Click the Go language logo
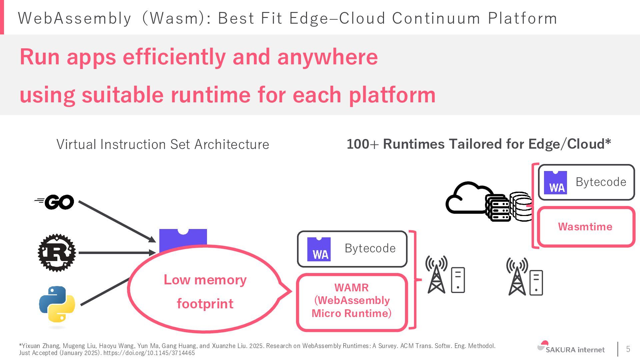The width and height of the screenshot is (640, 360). click(x=55, y=202)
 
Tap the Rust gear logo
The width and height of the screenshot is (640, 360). click(x=57, y=253)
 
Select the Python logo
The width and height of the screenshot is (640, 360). click(x=57, y=304)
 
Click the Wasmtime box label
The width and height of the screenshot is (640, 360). click(x=585, y=227)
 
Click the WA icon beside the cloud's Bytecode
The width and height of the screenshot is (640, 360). click(x=555, y=183)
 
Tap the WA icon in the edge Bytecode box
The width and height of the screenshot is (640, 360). click(x=319, y=249)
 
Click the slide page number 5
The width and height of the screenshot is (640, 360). click(x=628, y=349)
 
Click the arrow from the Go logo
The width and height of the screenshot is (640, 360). click(x=117, y=221)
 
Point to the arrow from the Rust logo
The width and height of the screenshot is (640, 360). click(x=117, y=253)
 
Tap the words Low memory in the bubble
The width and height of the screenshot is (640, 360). click(x=205, y=280)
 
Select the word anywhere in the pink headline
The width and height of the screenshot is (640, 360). click(x=327, y=57)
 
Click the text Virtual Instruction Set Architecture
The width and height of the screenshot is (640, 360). click(x=163, y=144)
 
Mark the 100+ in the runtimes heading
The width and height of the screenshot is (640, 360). click(x=362, y=144)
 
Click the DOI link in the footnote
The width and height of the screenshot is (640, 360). click(x=149, y=353)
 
